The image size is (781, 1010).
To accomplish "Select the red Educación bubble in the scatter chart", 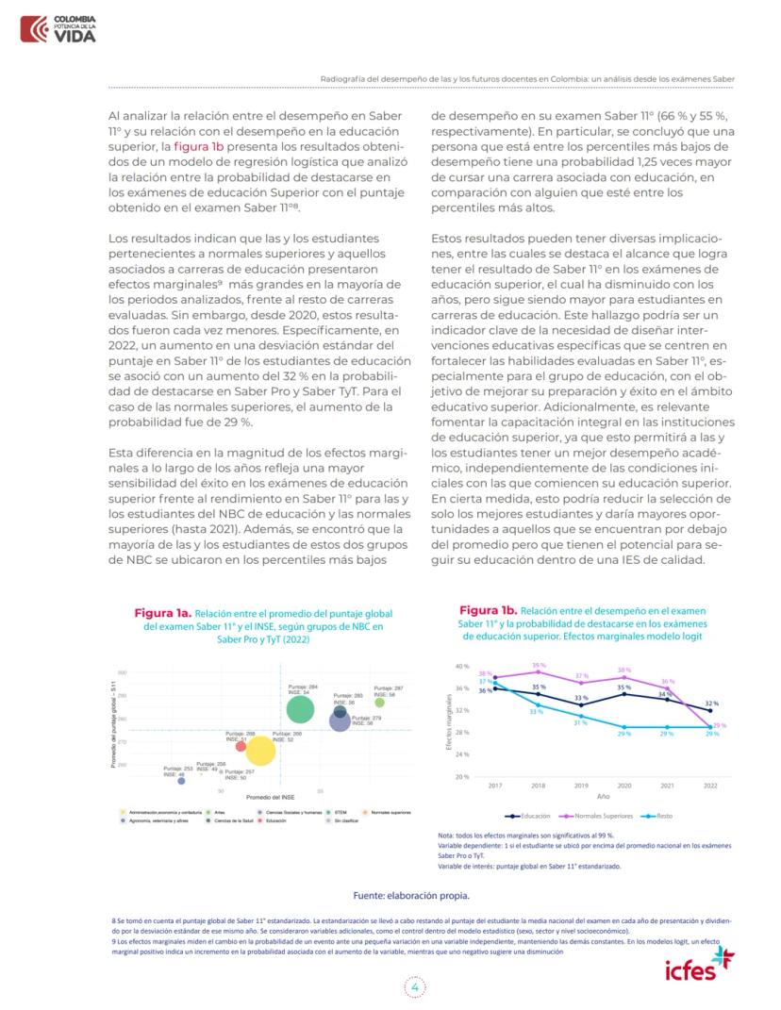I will click(x=241, y=747).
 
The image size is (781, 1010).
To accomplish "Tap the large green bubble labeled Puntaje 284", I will click(x=299, y=708).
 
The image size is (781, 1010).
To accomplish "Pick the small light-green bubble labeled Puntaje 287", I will click(x=379, y=702).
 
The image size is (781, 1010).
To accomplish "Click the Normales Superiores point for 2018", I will click(x=538, y=671).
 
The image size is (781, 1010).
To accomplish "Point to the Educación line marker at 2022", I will click(x=710, y=710).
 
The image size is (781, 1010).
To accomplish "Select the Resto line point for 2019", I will click(x=581, y=716).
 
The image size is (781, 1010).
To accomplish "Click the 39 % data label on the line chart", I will click(x=539, y=665).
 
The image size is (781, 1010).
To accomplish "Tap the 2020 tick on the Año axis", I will click(x=624, y=786).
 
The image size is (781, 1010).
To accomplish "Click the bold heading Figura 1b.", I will click(x=488, y=610).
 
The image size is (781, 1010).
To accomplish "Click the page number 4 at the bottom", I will click(x=414, y=986).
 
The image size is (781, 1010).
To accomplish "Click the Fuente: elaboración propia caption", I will click(x=410, y=895).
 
